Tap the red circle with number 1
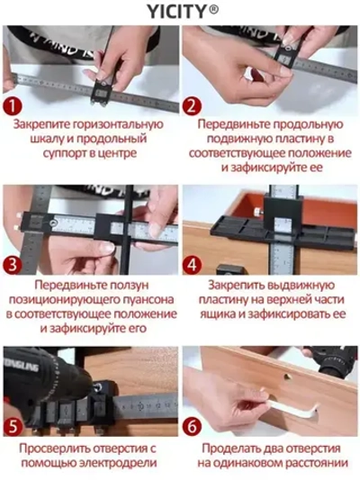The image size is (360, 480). click(13, 106)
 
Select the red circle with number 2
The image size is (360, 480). click(191, 106)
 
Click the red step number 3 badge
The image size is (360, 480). click(13, 265)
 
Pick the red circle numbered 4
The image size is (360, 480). click(191, 267)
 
